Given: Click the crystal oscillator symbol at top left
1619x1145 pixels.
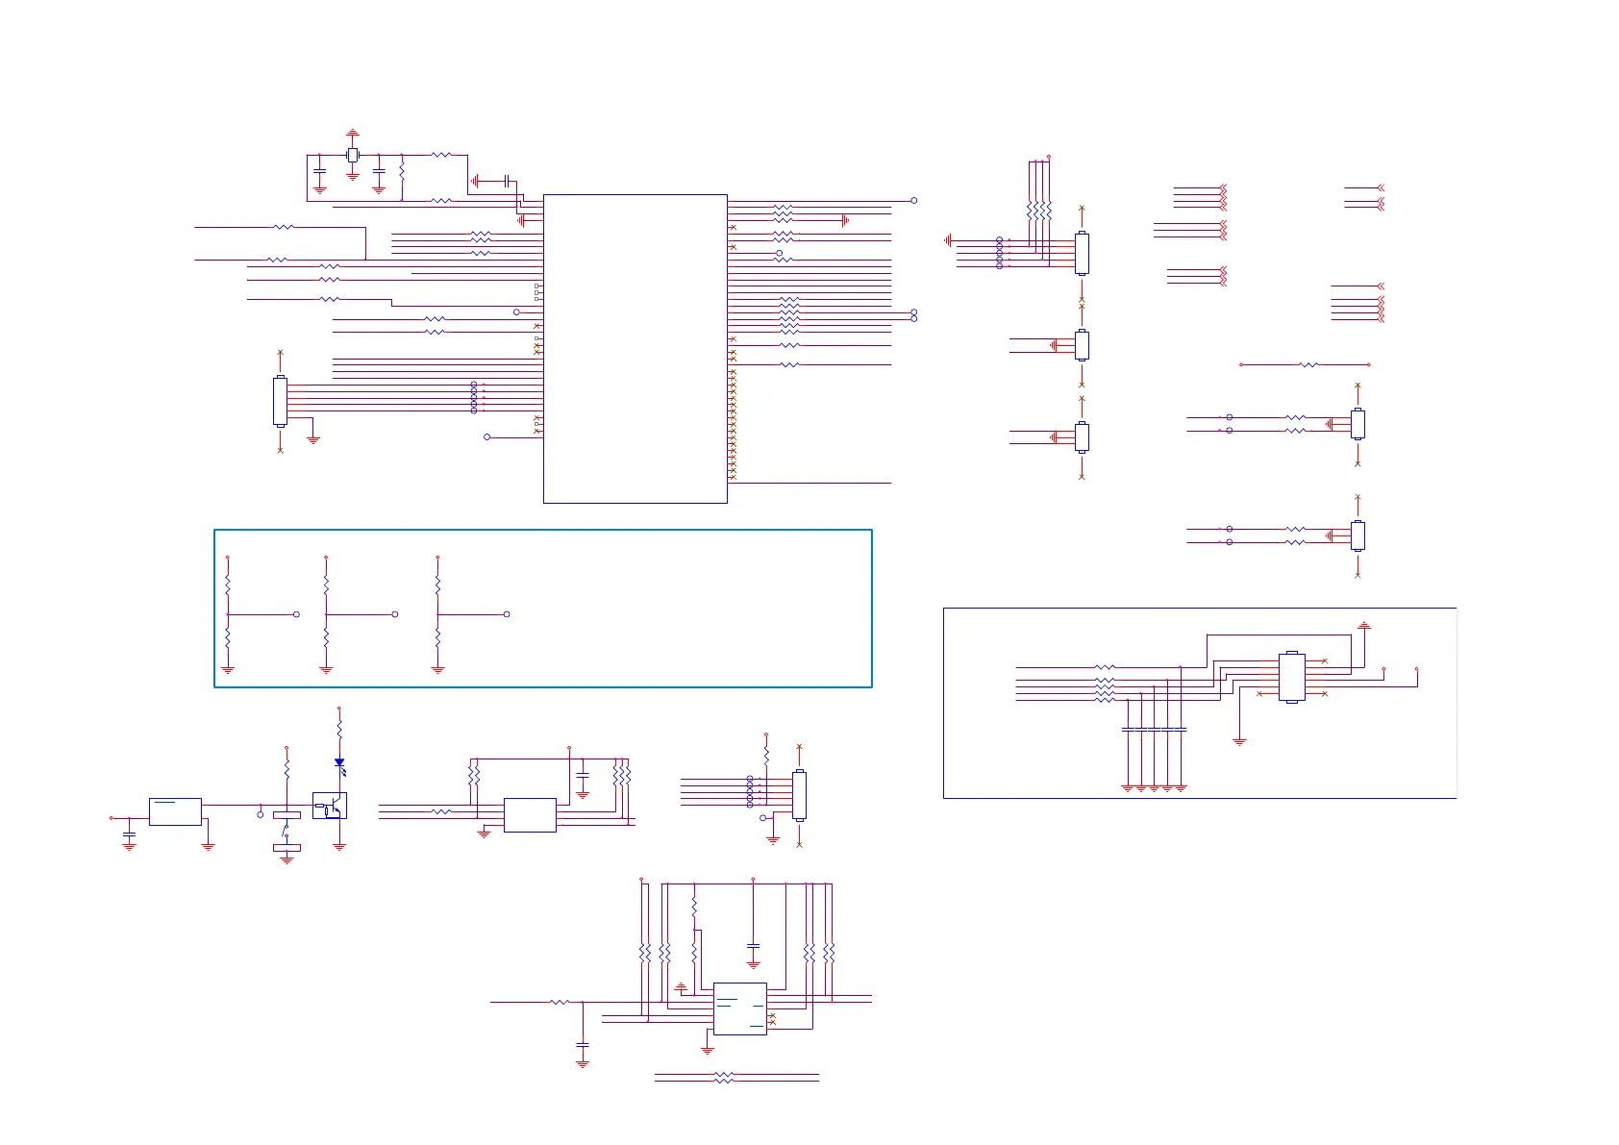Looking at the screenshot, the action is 353,155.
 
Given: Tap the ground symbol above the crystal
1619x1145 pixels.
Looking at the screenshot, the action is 353,133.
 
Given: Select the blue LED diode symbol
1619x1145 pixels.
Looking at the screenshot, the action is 339,763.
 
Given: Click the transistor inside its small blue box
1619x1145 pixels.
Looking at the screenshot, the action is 330,806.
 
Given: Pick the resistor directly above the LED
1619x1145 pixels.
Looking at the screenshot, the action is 339,728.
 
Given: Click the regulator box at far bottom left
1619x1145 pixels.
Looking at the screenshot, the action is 175,811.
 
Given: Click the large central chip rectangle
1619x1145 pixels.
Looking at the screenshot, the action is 635,348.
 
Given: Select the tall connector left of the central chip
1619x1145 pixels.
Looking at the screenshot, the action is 280,401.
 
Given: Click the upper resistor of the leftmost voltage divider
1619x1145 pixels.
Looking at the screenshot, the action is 228,585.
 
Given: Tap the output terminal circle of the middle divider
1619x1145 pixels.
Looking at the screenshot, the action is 395,614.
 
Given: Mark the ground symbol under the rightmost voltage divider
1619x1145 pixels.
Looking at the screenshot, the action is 438,669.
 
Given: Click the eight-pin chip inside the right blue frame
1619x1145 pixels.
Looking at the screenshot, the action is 1292,678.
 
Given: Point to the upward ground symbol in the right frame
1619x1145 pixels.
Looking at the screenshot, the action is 1363,626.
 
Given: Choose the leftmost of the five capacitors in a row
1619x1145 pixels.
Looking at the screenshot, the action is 1128,730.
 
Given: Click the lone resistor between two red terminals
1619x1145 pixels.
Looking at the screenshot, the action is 1308,365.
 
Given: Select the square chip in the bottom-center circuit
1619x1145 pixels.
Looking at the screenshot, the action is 739,1008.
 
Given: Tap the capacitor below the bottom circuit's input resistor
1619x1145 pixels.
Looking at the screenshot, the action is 583,1044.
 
